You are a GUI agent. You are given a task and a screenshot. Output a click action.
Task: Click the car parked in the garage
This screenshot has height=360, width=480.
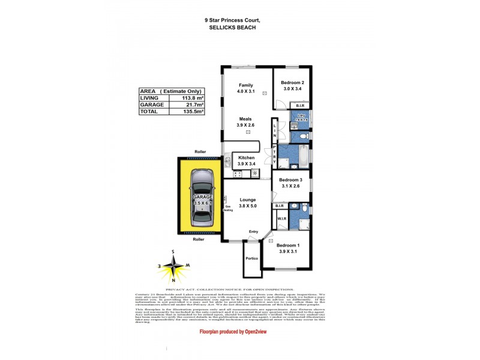point(198,197)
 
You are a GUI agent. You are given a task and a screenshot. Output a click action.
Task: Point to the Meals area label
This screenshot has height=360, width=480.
point(246,119)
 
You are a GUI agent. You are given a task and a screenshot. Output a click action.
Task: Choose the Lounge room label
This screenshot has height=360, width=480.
point(247,200)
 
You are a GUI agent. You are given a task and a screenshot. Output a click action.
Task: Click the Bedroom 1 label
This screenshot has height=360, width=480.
point(289,245)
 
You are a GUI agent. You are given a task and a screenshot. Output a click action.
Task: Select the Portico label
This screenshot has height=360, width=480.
point(251,258)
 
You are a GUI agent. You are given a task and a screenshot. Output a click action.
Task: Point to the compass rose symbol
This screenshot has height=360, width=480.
point(173,265)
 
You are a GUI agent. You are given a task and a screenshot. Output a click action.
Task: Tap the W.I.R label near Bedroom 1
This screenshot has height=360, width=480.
point(282,218)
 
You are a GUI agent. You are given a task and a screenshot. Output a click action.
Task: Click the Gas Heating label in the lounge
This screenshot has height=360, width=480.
point(229,208)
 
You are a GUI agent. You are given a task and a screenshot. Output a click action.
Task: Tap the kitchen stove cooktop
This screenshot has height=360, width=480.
point(237,174)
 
